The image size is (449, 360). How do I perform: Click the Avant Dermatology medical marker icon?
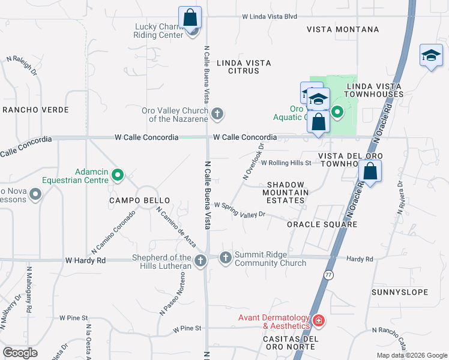pyautogui.click(x=318, y=322)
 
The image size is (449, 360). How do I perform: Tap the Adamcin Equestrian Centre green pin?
pyautogui.click(x=118, y=175)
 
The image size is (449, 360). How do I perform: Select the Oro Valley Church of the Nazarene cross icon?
pyautogui.click(x=217, y=113)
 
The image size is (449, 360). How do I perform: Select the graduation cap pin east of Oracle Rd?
pyautogui.click(x=430, y=56)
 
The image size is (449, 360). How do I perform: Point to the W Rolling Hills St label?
pyautogui.click(x=286, y=163)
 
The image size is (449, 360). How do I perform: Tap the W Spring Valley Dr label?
pyautogui.click(x=240, y=209)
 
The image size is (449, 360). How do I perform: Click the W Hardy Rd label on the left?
pyautogui.click(x=85, y=260)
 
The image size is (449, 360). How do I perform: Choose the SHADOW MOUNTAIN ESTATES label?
pyautogui.click(x=286, y=193)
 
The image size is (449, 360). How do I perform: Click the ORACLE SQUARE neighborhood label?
pyautogui.click(x=322, y=224)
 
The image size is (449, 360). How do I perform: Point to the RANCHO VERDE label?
pyautogui.click(x=35, y=110)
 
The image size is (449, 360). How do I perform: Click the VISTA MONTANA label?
pyautogui.click(x=343, y=29)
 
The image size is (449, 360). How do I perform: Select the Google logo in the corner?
pyautogui.click(x=20, y=353)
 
